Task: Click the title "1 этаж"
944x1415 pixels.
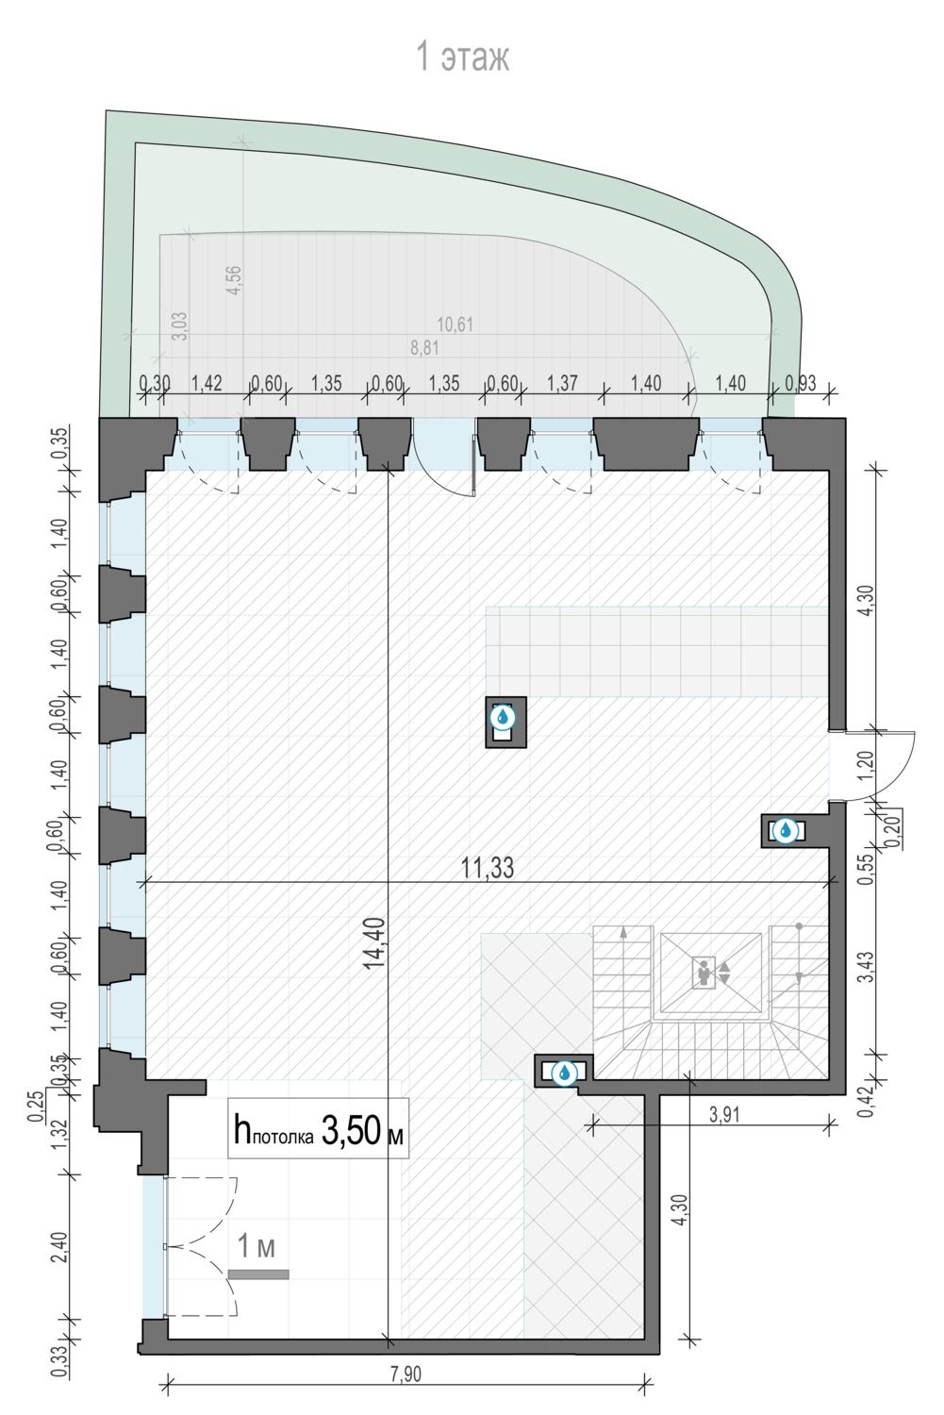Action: coord(463,57)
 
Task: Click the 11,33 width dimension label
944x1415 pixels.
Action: coord(487,867)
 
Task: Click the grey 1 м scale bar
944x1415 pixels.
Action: coord(258,1274)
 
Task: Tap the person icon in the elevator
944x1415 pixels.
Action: coord(703,973)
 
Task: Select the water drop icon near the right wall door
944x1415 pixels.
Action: coord(785,830)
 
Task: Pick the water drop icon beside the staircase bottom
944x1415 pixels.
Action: coord(564,1072)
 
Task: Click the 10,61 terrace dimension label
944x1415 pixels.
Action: coord(455,325)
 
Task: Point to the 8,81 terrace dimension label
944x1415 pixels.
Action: coord(424,348)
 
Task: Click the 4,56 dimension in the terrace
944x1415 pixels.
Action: coord(234,281)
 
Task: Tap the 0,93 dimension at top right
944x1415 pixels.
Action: coord(800,383)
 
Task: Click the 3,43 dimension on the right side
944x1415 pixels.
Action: coord(869,967)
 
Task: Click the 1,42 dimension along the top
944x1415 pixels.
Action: coord(207,383)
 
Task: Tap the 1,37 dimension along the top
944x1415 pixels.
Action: coord(561,383)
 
